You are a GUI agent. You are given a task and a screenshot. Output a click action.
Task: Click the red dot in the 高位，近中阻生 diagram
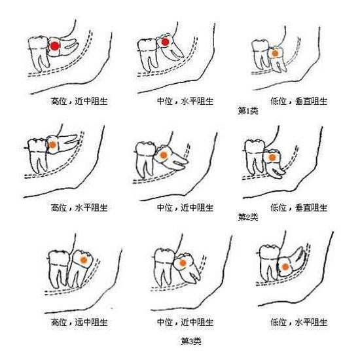click(54, 46)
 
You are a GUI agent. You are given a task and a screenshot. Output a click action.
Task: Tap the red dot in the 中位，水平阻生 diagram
click(165, 42)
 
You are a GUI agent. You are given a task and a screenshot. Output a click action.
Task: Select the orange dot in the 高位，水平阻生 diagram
click(52, 145)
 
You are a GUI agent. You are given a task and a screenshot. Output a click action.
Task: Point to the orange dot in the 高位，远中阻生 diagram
click(84, 260)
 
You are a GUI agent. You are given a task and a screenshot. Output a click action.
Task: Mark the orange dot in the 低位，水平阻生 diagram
click(285, 267)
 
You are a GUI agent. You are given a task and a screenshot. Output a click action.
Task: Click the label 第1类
click(248, 111)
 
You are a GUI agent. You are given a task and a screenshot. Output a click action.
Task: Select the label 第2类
click(248, 217)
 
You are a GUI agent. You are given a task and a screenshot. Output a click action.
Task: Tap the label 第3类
click(191, 341)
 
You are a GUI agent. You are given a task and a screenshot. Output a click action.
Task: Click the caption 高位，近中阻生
click(79, 101)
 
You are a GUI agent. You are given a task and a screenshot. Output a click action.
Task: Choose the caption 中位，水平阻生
click(185, 101)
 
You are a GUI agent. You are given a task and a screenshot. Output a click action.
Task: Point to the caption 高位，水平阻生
click(79, 207)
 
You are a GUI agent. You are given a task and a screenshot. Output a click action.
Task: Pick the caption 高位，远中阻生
click(79, 322)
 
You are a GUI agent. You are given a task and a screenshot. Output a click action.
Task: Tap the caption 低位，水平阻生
click(298, 322)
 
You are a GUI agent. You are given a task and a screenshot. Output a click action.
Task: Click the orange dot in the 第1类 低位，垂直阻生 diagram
click(275, 54)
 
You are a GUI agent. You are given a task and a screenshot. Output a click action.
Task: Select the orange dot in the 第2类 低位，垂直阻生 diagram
click(272, 158)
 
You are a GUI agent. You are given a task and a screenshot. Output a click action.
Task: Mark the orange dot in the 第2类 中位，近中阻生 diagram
click(164, 155)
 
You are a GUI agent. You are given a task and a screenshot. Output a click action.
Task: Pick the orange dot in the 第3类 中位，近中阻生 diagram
click(183, 262)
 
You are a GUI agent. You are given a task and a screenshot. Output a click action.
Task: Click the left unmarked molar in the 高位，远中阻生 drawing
click(58, 268)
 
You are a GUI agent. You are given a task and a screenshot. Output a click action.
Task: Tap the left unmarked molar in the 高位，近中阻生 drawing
click(39, 53)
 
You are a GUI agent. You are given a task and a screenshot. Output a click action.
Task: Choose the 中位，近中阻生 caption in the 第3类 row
click(185, 322)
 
